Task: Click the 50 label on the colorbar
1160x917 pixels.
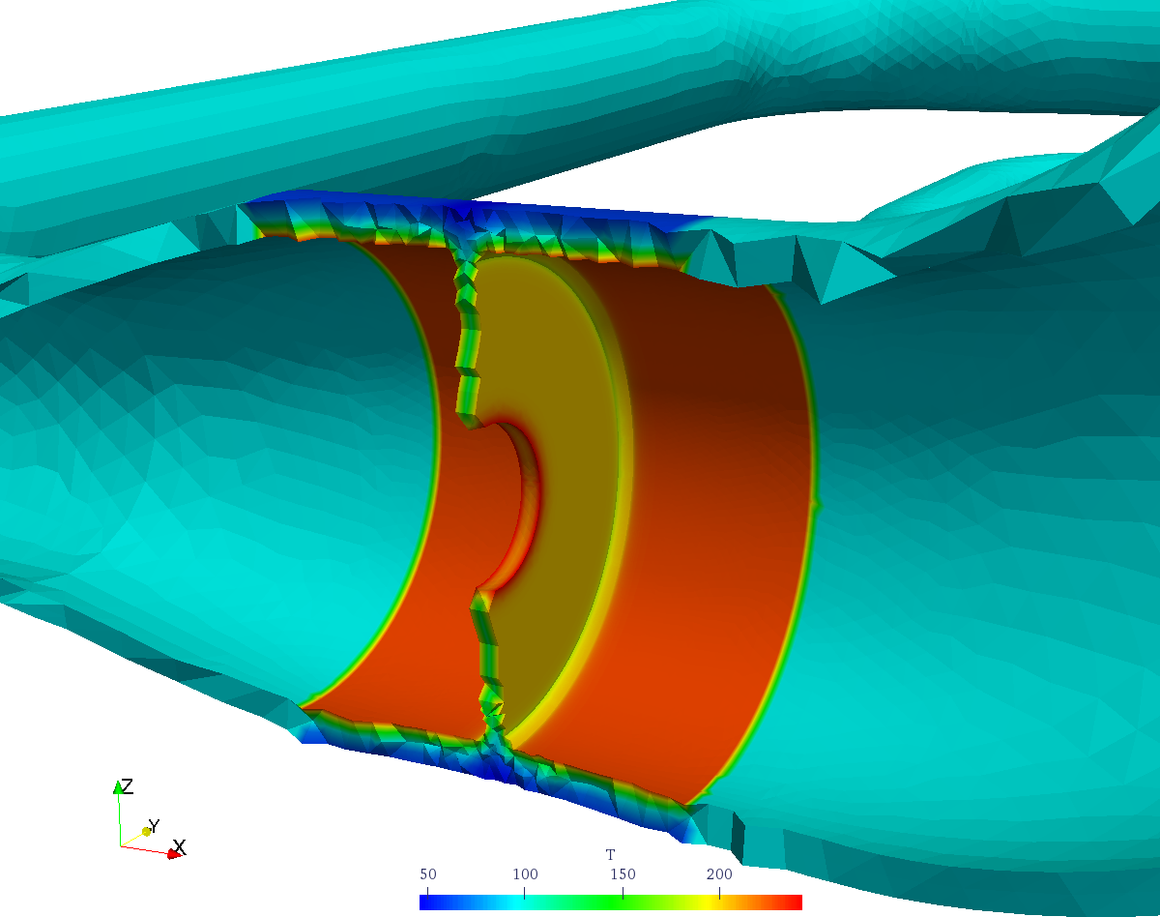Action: (x=428, y=873)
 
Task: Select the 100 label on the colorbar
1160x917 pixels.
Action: (x=525, y=873)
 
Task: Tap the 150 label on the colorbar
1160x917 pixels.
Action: (x=623, y=873)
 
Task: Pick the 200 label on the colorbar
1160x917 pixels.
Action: (x=719, y=873)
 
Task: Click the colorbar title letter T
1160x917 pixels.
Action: (x=610, y=854)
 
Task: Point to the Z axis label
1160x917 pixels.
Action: (x=127, y=785)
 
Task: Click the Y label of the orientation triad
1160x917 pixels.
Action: (x=154, y=826)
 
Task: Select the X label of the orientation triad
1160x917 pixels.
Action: (x=180, y=847)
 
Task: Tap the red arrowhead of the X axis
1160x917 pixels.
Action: (x=174, y=854)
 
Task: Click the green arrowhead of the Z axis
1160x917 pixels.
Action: (x=118, y=787)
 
